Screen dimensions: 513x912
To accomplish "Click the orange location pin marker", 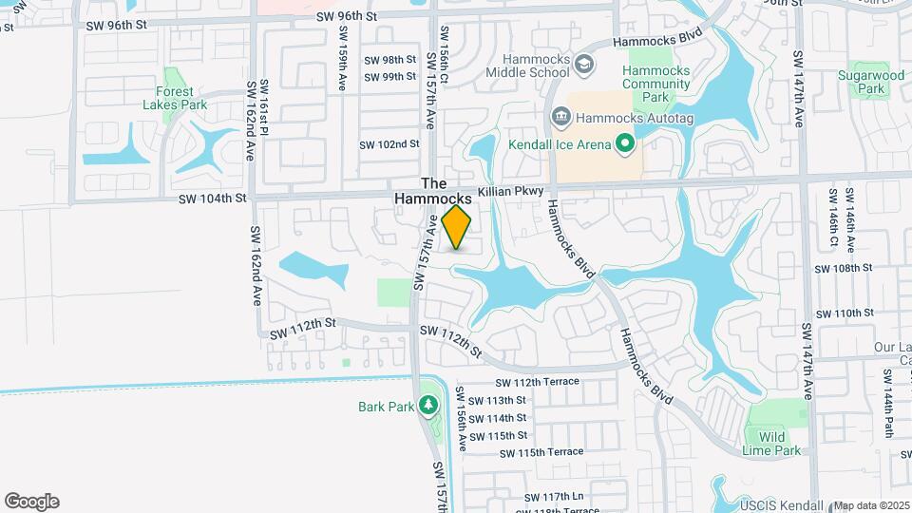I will tap(457, 226).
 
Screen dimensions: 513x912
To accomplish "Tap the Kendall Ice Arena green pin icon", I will tap(624, 144).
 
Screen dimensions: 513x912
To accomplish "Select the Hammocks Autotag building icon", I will tap(560, 118).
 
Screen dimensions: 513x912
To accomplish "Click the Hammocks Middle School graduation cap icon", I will tap(585, 64).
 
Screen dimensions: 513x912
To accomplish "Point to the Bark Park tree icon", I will tap(428, 406).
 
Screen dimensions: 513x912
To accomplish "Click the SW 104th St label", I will tap(214, 199).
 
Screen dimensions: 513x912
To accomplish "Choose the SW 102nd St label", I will tap(389, 144).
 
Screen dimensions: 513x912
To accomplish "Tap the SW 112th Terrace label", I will tap(537, 381).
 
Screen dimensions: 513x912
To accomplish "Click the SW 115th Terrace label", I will tap(539, 452).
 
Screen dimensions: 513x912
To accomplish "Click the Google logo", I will tap(31, 502).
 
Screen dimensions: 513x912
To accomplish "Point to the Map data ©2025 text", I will tap(871, 505).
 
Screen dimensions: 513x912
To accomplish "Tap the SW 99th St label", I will tap(389, 77).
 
